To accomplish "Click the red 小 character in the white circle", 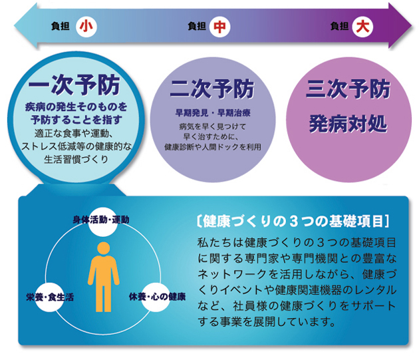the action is [86, 27].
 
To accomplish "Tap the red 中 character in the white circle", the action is [219, 27].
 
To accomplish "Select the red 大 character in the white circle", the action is [362, 26].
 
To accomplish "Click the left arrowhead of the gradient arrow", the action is [26, 26].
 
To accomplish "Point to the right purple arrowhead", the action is [400, 26].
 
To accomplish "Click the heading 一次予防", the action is [74, 85].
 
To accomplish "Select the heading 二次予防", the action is [212, 89].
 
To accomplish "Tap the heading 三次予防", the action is [349, 89].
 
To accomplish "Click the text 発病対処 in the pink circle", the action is [349, 124].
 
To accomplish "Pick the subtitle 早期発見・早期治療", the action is [213, 112].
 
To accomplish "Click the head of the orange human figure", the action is [104, 248].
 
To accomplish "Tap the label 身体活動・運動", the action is [101, 220].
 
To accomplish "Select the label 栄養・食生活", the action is [50, 297].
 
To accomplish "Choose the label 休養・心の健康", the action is [157, 296].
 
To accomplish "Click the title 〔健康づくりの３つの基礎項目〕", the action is [293, 221].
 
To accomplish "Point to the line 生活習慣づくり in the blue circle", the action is [76, 160].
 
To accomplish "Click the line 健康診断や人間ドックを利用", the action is [213, 147].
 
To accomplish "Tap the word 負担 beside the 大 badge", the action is [339, 26].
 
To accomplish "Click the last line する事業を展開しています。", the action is [266, 321].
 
